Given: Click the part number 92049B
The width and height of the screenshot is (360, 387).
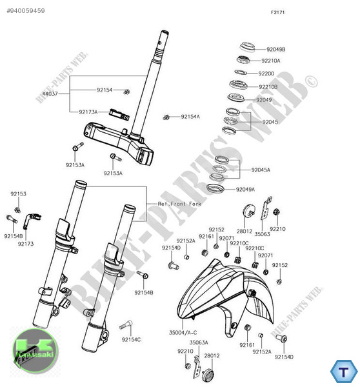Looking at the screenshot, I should click(275, 49).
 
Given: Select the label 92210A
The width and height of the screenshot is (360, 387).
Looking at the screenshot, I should click(270, 61).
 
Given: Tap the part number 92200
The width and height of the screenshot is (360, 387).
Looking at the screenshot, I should click(266, 74).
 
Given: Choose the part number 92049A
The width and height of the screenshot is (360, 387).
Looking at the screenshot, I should click(245, 189).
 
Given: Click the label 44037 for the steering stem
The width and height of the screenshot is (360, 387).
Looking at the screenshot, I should click(50, 94).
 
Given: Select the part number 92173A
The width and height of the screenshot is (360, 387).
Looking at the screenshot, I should click(88, 112).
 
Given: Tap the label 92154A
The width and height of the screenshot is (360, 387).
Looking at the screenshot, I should click(190, 116).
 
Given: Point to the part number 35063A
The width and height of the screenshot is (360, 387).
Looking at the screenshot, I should click(198, 342).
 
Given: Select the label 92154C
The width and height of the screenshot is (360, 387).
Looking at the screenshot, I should click(131, 339).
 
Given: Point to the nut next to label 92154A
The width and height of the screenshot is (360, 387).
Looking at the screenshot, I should click(167, 117).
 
